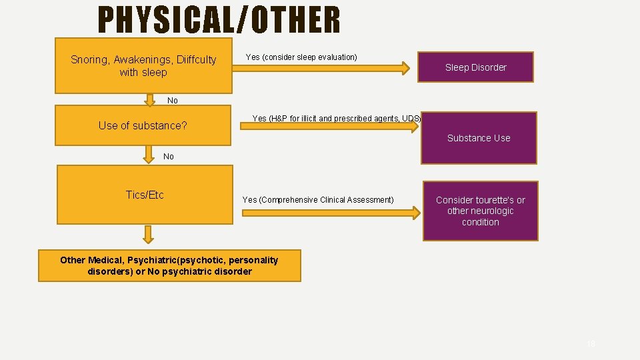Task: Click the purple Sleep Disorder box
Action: point(475,67)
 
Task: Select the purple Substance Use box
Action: point(479,138)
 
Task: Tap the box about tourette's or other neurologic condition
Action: point(480,211)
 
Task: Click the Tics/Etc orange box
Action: point(144,195)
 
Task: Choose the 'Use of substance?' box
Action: point(143,125)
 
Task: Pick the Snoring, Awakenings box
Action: point(143,65)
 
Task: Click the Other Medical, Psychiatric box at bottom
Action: point(169,265)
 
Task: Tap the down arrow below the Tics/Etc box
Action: point(148,234)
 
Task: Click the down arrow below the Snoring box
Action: point(148,99)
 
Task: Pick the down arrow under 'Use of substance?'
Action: point(148,155)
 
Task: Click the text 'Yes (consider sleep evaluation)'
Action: point(301,57)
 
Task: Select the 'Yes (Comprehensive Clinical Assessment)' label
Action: point(318,200)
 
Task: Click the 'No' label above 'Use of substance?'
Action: point(173,101)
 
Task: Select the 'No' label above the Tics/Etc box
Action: point(168,157)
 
